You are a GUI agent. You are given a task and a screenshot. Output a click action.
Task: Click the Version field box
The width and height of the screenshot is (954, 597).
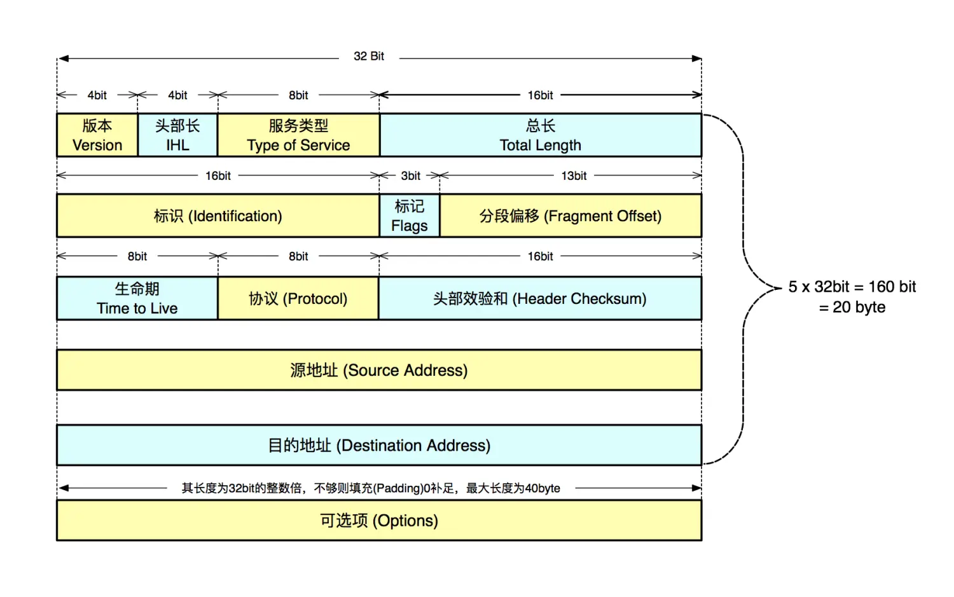(x=97, y=135)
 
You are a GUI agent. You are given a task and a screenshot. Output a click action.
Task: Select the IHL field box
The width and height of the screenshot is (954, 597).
(x=177, y=135)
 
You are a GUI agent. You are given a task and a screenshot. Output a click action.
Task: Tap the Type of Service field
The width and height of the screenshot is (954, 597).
(x=298, y=135)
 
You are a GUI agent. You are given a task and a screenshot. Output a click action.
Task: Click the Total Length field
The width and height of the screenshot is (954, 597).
(x=540, y=135)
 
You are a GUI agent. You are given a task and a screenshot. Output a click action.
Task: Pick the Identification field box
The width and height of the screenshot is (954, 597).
(x=218, y=216)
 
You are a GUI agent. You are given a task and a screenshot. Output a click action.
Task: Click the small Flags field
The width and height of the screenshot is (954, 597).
(x=409, y=216)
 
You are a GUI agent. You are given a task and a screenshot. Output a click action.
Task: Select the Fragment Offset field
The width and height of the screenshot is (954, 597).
(x=570, y=216)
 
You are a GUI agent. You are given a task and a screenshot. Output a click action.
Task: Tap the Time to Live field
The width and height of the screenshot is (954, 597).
(x=137, y=298)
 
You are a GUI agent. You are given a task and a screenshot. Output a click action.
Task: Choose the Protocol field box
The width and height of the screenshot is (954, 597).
(x=298, y=298)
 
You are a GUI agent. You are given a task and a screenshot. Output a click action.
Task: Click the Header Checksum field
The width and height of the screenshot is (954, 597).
(x=539, y=298)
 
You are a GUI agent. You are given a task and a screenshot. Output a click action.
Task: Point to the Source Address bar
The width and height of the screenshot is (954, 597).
(x=379, y=370)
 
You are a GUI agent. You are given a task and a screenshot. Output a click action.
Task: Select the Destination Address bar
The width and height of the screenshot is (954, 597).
(x=379, y=445)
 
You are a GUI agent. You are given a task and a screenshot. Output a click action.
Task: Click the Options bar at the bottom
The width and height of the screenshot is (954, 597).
(x=379, y=521)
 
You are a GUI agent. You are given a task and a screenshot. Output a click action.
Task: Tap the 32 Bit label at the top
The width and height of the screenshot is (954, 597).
(x=369, y=56)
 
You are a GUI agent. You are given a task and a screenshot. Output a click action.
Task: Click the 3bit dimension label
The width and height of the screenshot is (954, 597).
(x=410, y=175)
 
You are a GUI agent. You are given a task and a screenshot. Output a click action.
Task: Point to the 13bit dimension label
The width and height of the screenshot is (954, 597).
(x=574, y=175)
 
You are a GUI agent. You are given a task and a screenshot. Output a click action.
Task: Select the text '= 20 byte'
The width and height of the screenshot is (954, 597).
(x=852, y=307)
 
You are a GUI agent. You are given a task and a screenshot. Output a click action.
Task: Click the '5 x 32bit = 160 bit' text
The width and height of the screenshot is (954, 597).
(x=852, y=287)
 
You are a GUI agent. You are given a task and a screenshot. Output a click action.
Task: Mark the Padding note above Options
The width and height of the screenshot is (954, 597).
(x=371, y=488)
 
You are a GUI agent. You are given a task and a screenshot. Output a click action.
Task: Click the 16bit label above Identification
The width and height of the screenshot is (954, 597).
(x=218, y=175)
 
